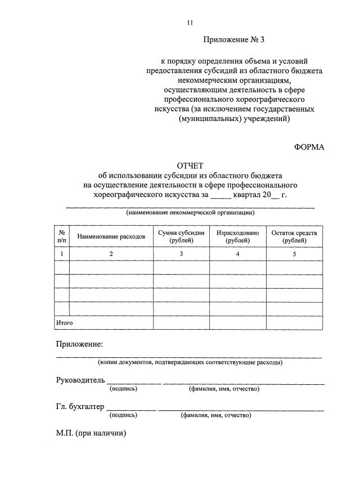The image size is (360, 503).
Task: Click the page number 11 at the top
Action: pos(190,23)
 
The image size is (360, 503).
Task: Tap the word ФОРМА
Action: pos(309,146)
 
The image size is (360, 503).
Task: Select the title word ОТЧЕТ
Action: pos(191,165)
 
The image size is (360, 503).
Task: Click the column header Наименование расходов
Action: pos(111,237)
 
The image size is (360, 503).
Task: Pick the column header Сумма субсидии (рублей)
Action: pos(181,236)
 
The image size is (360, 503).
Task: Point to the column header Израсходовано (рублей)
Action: pos(237,236)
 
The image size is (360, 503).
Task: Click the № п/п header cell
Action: pos(61,236)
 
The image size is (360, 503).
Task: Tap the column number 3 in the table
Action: pos(181,254)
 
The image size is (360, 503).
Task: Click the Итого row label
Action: pos(64,323)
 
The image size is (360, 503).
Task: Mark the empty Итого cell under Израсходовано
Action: pos(237,323)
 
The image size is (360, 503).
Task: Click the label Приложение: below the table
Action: pos(79,344)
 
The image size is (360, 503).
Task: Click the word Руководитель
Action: pos(81,381)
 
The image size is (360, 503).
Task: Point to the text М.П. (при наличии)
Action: pos(91,433)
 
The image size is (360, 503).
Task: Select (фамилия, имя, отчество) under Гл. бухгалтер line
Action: pos(215,416)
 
